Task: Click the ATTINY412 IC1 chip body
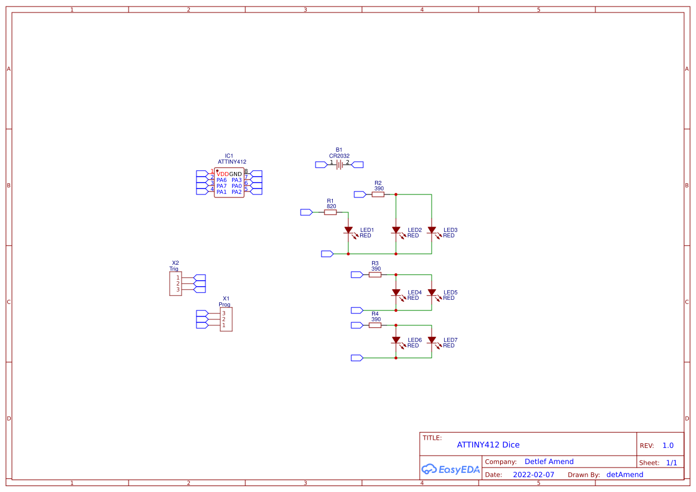229,183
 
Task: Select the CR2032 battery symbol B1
339,165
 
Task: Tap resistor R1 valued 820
330,212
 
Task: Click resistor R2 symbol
378,195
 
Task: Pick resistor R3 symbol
375,275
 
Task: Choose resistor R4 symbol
375,325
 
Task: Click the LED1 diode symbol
348,230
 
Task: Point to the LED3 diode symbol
432,230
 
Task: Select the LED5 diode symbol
432,293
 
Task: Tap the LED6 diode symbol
396,340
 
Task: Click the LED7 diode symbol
432,340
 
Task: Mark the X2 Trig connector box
176,284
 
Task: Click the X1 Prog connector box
226,319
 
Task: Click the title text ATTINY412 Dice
488,445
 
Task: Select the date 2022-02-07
533,475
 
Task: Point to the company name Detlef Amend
549,462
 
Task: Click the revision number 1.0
668,446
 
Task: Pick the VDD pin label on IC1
223,174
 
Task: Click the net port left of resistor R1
306,212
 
